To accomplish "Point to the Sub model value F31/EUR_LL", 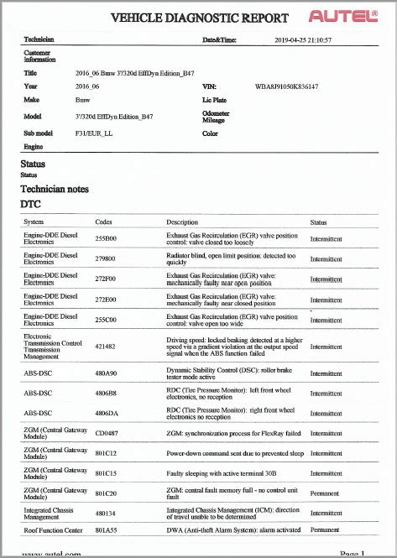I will point(94,133).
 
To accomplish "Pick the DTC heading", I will point(30,204).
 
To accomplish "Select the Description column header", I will point(182,222).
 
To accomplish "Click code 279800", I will point(106,259).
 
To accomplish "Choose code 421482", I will point(106,346).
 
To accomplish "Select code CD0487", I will point(107,433).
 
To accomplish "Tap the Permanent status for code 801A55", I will point(325,530).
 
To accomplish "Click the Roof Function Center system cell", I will point(54,530).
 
